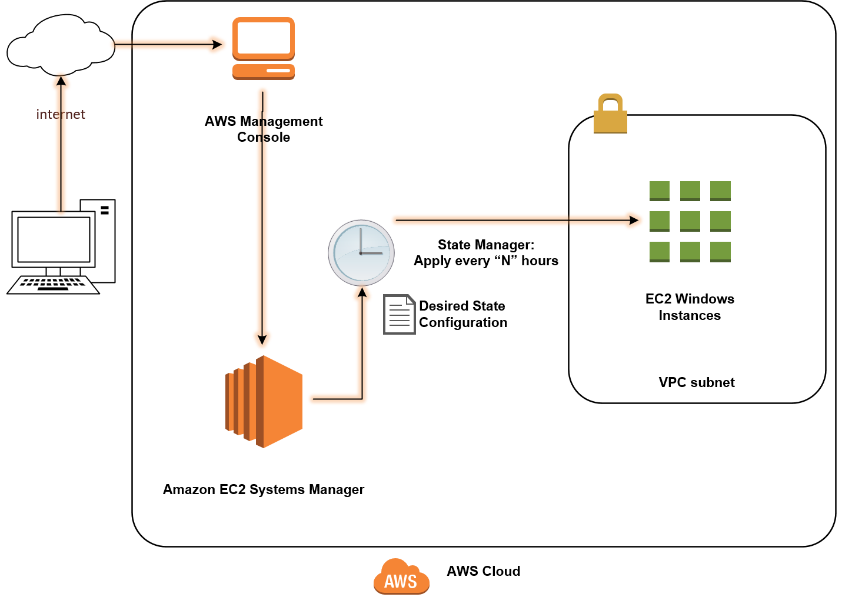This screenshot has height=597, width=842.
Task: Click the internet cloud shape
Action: (x=61, y=45)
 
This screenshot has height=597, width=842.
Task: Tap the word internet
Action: (x=61, y=114)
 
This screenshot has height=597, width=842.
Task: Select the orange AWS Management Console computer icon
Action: (x=264, y=48)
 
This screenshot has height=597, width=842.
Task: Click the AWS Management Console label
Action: (x=264, y=129)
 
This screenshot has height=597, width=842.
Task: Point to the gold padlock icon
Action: (x=610, y=114)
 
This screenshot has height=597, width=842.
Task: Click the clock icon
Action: (x=361, y=253)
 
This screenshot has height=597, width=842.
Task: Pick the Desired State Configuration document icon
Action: (x=399, y=314)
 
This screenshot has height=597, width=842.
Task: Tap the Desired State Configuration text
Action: (x=463, y=314)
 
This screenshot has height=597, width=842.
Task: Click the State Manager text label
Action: (x=486, y=252)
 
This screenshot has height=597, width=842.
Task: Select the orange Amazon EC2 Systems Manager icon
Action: (x=264, y=402)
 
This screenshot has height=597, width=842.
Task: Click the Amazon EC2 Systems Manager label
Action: (x=264, y=489)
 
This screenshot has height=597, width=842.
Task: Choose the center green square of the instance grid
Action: (x=690, y=221)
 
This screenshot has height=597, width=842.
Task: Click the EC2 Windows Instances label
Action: (x=690, y=307)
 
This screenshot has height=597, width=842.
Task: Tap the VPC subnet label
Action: (x=697, y=382)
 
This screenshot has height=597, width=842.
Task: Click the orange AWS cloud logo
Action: (x=401, y=576)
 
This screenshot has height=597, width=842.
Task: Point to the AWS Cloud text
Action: (x=484, y=571)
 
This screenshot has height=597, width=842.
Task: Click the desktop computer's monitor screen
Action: (x=54, y=240)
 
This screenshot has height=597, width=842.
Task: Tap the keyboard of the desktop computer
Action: (x=53, y=285)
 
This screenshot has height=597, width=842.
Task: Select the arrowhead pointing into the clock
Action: (x=362, y=292)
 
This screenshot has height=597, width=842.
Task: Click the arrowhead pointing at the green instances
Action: (x=634, y=220)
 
